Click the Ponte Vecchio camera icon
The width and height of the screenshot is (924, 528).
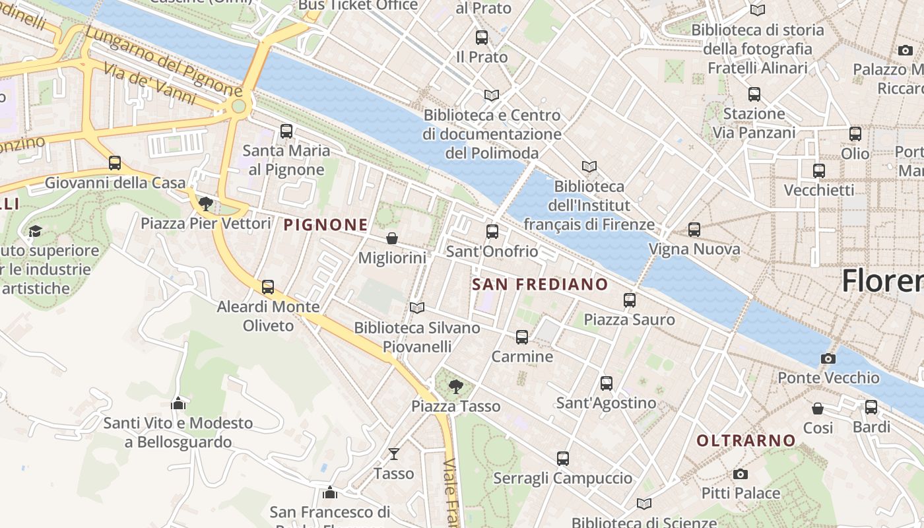point(828,358)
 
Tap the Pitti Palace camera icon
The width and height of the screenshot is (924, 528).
point(741,474)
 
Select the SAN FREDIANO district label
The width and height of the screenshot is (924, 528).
point(541,284)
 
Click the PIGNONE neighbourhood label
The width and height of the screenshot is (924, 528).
point(325,225)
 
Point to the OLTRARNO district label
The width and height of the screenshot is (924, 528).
point(746,440)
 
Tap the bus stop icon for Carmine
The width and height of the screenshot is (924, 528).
point(522,337)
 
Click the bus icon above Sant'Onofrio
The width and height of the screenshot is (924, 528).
point(492,232)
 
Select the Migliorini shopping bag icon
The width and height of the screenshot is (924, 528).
point(392,238)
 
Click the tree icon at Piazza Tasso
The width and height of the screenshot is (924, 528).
point(455,386)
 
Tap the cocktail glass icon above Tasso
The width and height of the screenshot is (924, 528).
point(394,453)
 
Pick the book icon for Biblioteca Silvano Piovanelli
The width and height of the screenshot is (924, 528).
point(416,308)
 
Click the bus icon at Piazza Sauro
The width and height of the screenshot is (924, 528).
point(630,300)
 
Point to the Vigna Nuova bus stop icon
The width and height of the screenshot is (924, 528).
point(694,230)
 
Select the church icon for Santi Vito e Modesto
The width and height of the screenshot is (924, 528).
point(178,403)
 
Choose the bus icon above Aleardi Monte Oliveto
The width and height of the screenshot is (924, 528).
point(268,287)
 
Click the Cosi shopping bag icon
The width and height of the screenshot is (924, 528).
point(818,409)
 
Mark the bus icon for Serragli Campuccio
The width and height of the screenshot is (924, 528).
point(563,459)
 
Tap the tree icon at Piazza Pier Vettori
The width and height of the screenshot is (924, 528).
point(206,203)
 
